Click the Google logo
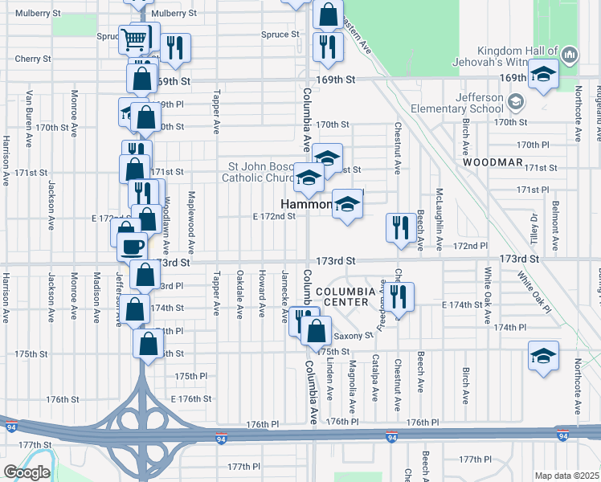click(27, 472)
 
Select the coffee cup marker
click(133, 245)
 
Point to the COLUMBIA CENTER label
click(345, 296)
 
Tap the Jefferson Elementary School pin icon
click(515, 102)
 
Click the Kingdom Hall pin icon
click(570, 55)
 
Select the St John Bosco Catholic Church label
click(257, 172)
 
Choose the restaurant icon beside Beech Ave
click(400, 227)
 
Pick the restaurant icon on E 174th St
click(399, 296)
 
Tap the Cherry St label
click(32, 59)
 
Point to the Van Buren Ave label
click(28, 117)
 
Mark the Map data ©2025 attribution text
click(566, 476)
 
